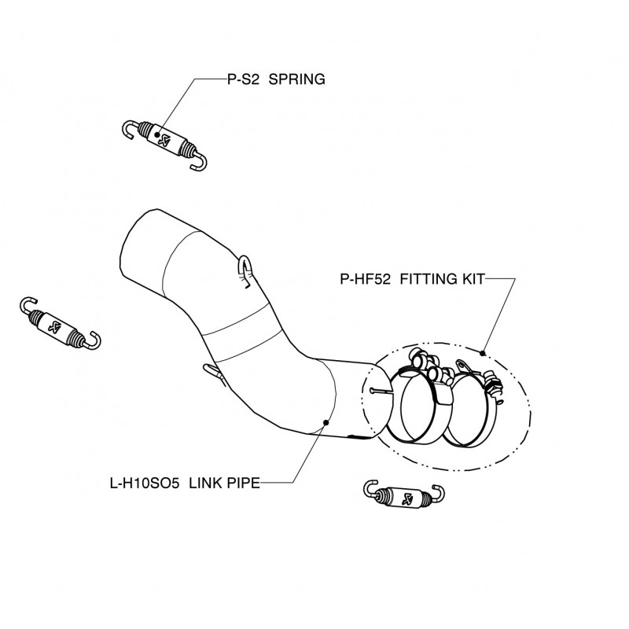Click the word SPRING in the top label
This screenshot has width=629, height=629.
(x=297, y=80)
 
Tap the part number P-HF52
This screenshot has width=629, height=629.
(x=367, y=278)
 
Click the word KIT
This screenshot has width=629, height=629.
(x=474, y=278)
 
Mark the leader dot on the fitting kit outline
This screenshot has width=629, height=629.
(x=483, y=351)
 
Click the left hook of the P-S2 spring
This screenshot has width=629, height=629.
(x=130, y=127)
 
